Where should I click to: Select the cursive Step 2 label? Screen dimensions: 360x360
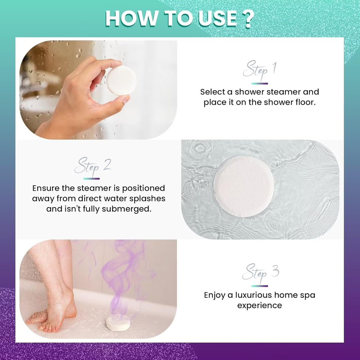click(x=92, y=166)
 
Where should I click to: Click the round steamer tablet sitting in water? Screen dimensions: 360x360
click(x=243, y=187)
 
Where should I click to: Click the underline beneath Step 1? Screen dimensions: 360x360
click(x=260, y=84)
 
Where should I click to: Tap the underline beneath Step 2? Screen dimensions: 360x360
click(x=91, y=179)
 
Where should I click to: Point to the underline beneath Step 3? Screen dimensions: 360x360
click(x=260, y=286)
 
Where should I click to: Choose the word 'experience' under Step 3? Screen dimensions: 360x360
click(x=260, y=306)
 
